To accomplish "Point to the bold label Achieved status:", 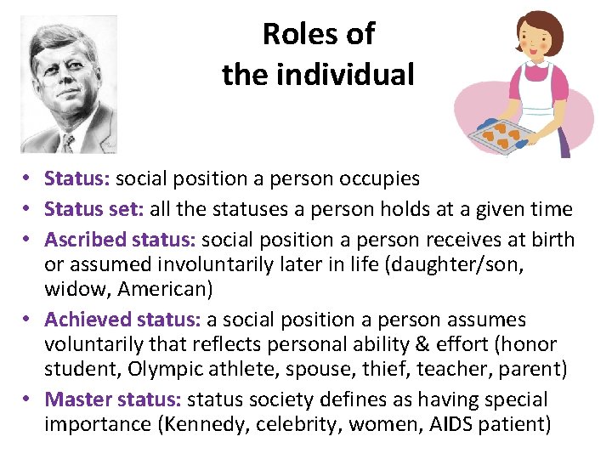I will click(122, 320).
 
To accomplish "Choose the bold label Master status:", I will click(113, 399).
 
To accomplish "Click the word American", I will click(161, 289).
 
